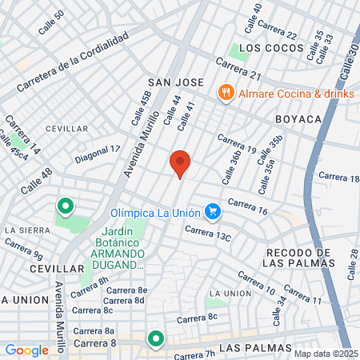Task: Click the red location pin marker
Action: (180, 163)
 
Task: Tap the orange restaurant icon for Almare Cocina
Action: (227, 93)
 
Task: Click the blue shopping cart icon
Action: (212, 212)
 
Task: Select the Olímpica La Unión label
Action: (154, 213)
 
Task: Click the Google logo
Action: (26, 350)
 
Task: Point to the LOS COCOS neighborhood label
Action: (262, 48)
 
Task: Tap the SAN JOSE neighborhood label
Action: (175, 82)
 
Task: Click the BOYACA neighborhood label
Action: (298, 118)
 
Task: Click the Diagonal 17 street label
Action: (98, 154)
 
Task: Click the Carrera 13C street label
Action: (208, 234)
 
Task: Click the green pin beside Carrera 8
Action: (154, 339)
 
